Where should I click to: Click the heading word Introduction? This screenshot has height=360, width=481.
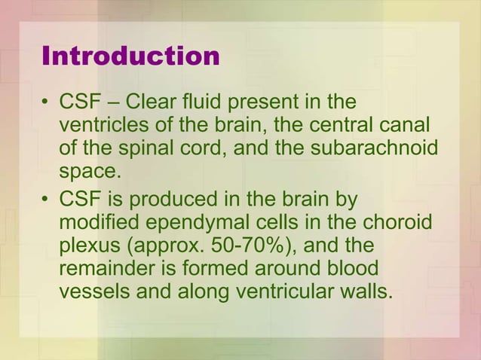click(130, 56)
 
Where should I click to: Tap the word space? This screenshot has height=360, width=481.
click(89, 171)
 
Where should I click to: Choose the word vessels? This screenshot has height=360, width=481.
click(93, 292)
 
